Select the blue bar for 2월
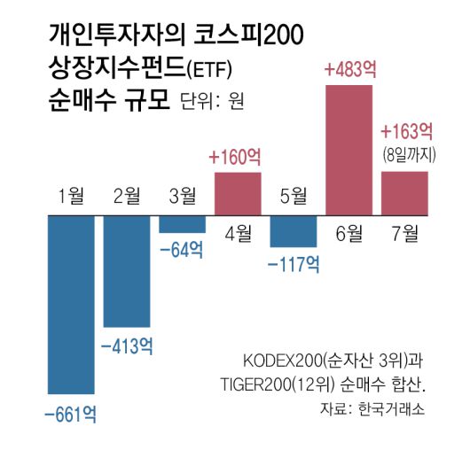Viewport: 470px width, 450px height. (128, 270)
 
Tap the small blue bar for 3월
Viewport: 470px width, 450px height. (183, 224)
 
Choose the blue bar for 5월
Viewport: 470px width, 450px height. (294, 231)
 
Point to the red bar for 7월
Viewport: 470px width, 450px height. (404, 193)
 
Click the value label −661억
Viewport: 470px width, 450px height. (71, 413)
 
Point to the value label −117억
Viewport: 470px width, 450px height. (294, 264)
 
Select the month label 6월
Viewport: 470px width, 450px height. (349, 234)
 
